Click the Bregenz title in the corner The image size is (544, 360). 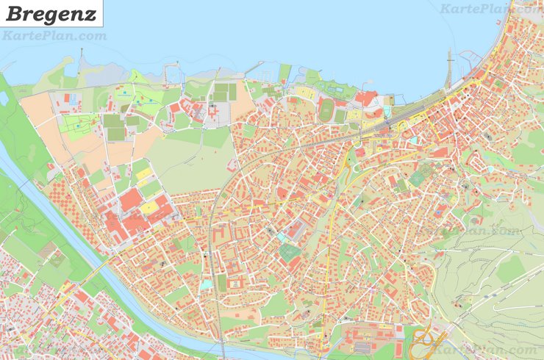[x=51, y=13]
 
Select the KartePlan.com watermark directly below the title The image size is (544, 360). [x=54, y=35]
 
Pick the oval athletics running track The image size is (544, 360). [x=327, y=110]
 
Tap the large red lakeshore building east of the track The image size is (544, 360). [x=365, y=98]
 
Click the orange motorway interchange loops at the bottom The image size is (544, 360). [x=425, y=342]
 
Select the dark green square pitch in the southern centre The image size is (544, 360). [x=290, y=253]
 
